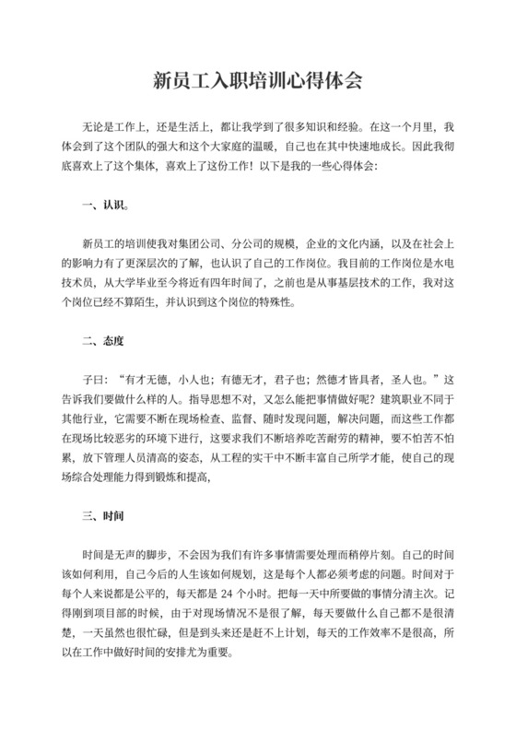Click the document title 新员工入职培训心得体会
(x=257, y=81)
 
